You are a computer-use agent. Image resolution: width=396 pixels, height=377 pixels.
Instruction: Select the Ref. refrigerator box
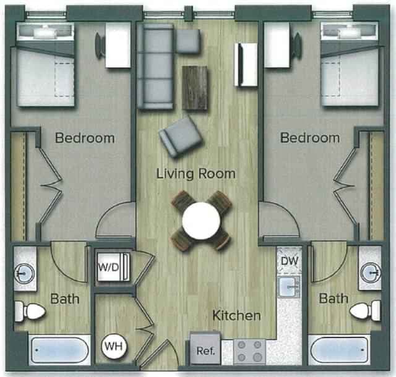pyautogui.click(x=205, y=350)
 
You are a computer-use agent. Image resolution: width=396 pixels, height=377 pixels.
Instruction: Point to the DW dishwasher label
pyautogui.click(x=290, y=261)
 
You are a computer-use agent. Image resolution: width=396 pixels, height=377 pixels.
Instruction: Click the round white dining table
pyautogui.click(x=202, y=221)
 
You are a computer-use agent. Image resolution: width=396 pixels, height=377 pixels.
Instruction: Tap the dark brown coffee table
pyautogui.click(x=196, y=87)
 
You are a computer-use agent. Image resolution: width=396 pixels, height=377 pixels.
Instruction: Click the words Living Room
pyautogui.click(x=196, y=174)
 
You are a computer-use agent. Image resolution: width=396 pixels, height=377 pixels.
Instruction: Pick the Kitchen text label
pyautogui.click(x=236, y=316)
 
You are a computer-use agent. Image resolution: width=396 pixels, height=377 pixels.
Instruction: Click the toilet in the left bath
pyautogui.click(x=30, y=311)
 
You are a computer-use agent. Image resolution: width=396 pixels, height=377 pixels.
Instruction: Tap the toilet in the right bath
pyautogui.click(x=366, y=310)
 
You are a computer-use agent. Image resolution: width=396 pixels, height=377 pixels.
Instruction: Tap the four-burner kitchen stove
pyautogui.click(x=249, y=351)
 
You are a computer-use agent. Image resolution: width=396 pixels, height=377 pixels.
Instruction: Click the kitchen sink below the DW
pyautogui.click(x=288, y=287)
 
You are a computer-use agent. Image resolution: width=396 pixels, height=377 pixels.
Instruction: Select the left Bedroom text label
pyautogui.click(x=85, y=138)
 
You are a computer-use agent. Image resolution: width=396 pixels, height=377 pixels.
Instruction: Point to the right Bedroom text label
pyautogui.click(x=310, y=138)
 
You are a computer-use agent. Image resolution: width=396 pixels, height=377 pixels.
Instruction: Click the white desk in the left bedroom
pyautogui.click(x=118, y=45)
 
